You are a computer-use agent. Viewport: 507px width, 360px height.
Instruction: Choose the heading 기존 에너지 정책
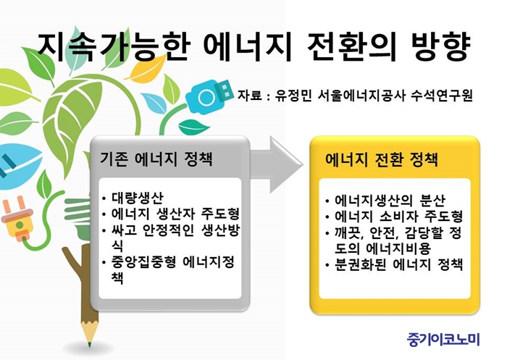(x=156, y=159)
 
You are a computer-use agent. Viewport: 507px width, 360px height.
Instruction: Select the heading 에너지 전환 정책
(x=382, y=159)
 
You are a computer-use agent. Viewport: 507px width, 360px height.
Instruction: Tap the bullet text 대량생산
(x=138, y=198)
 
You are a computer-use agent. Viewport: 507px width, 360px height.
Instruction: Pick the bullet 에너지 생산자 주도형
(x=175, y=214)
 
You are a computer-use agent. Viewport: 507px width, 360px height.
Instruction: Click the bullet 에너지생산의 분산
(x=390, y=200)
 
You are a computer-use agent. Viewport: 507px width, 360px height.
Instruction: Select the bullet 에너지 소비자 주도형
(x=398, y=217)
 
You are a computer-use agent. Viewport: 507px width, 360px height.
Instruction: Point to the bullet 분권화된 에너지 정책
(x=398, y=264)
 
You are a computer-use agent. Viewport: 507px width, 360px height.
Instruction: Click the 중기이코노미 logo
(x=443, y=339)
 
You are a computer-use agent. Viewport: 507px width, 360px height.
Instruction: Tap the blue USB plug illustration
(x=209, y=96)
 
